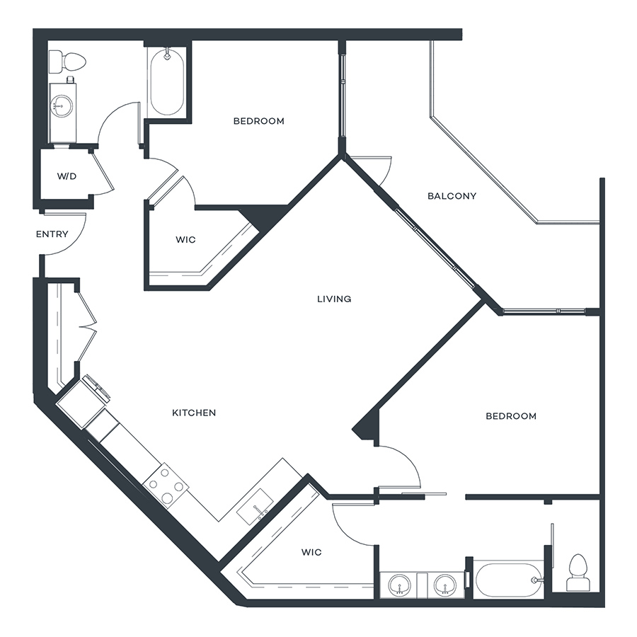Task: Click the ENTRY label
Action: [52, 234]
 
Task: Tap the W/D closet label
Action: [67, 176]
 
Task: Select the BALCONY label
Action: [452, 196]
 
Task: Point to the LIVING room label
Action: [334, 299]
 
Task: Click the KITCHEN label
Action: [194, 413]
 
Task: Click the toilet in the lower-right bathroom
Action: [578, 572]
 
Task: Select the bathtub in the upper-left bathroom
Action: [167, 81]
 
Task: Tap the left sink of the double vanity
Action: [399, 585]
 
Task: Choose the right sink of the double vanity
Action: [444, 585]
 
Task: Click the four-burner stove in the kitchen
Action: [166, 485]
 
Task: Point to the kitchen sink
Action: [255, 507]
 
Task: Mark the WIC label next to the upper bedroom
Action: [185, 240]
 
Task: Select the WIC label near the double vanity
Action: [311, 552]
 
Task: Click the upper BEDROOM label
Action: [259, 121]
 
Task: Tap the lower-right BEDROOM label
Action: [511, 416]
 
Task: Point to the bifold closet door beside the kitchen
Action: [87, 326]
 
